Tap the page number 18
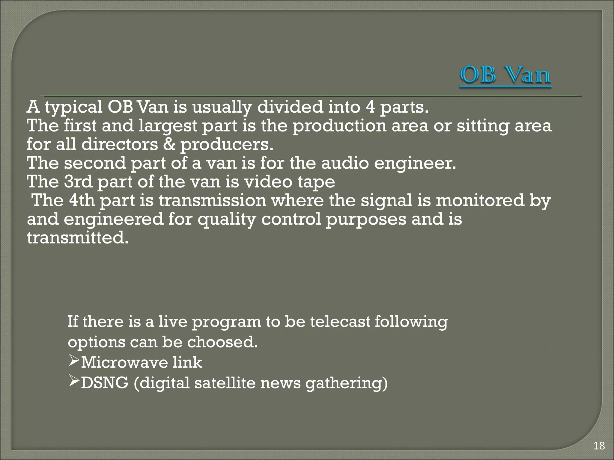tap(599, 446)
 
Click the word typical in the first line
tap(73, 107)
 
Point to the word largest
tap(168, 126)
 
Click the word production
tap(339, 126)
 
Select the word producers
tap(227, 145)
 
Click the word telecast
tap(340, 322)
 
